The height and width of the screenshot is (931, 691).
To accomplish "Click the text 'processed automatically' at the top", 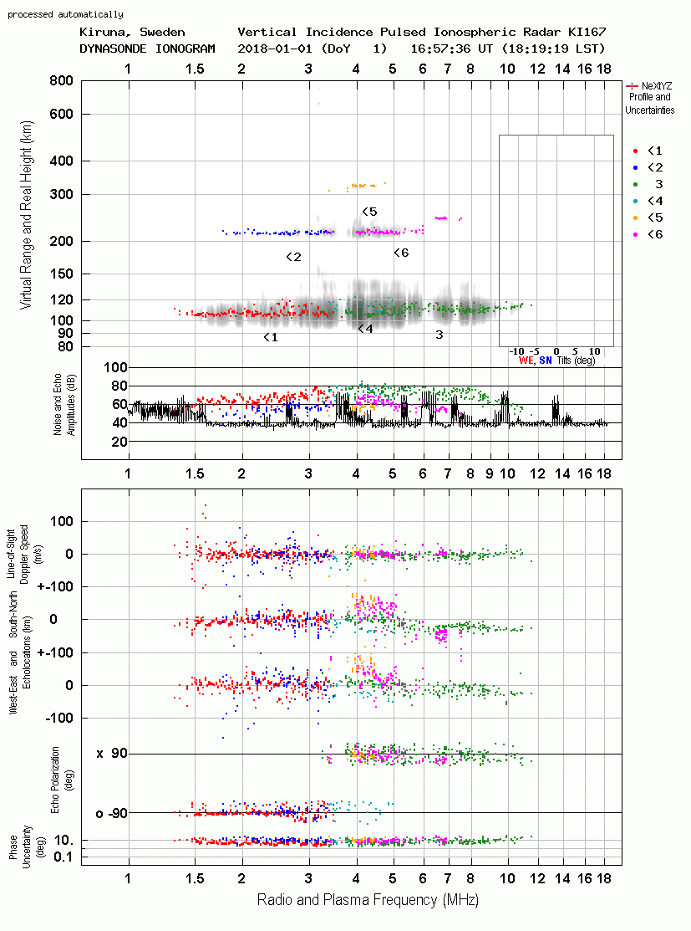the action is point(65,14).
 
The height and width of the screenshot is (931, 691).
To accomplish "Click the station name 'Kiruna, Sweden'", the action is point(132,32).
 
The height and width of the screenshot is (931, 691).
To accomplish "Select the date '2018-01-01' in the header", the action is point(275,49).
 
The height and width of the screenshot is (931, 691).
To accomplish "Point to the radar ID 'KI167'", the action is point(587,32).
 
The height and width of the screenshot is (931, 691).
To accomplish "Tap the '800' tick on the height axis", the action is point(61,80).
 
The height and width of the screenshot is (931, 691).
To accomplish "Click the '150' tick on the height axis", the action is point(61,274).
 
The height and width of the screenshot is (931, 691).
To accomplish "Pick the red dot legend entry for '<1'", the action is point(635,151).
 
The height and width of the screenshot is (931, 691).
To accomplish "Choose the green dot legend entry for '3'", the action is point(635,184).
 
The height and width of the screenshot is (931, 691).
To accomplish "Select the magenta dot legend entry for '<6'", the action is point(635,234).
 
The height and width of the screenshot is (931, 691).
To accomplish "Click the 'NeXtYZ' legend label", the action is point(657,86).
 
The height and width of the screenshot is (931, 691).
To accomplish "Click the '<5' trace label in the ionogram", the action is point(369,212).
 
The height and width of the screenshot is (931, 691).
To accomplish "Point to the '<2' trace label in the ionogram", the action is point(293,257).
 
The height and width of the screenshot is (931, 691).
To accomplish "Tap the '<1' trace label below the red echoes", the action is point(271,337).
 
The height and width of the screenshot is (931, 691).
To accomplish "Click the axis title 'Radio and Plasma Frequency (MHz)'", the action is point(368,900).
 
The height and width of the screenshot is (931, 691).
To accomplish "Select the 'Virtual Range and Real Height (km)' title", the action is point(27,215).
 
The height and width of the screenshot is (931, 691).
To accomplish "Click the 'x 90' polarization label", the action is point(111,754).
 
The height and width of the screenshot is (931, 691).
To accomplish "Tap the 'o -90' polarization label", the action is point(111,813).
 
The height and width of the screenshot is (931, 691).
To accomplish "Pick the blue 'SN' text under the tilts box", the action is point(545,361).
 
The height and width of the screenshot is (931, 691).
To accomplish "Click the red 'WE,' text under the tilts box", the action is point(526,361).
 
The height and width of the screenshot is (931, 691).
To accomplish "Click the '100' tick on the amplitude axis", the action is point(115,367).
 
